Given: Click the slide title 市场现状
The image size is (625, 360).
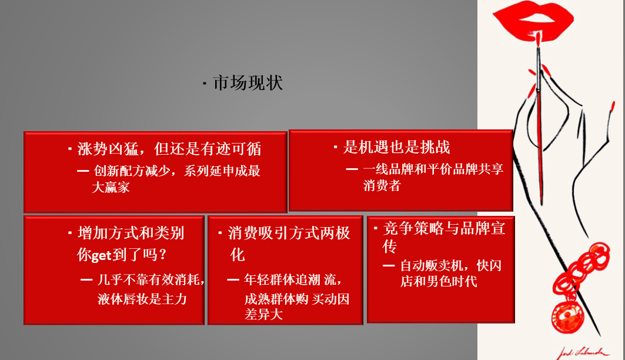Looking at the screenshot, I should pos(248,83).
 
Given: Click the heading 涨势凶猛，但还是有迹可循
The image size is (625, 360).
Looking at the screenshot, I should pos(169,149).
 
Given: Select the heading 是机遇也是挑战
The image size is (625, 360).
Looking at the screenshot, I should pos(397,147).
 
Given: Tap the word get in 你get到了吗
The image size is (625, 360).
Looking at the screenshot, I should pos(102,255).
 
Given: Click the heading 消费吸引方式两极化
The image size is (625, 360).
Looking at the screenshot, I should pos(288,234).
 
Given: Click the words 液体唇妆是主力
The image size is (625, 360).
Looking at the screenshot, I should pos(142,299).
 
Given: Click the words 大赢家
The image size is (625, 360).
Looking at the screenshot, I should pos(111,188).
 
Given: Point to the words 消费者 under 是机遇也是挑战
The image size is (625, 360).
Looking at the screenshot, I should pos(382,186).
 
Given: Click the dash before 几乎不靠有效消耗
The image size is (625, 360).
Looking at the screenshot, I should pos(86,280).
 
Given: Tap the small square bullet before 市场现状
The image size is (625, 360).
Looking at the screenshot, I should pos(204,84).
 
